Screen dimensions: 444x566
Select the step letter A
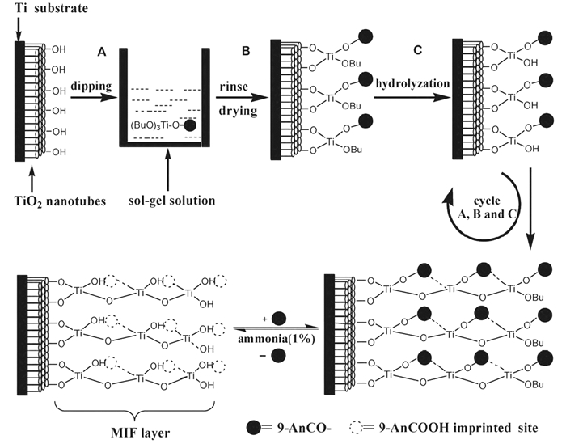[102, 51]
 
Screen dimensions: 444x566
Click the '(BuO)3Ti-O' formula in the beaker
[156, 125]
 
